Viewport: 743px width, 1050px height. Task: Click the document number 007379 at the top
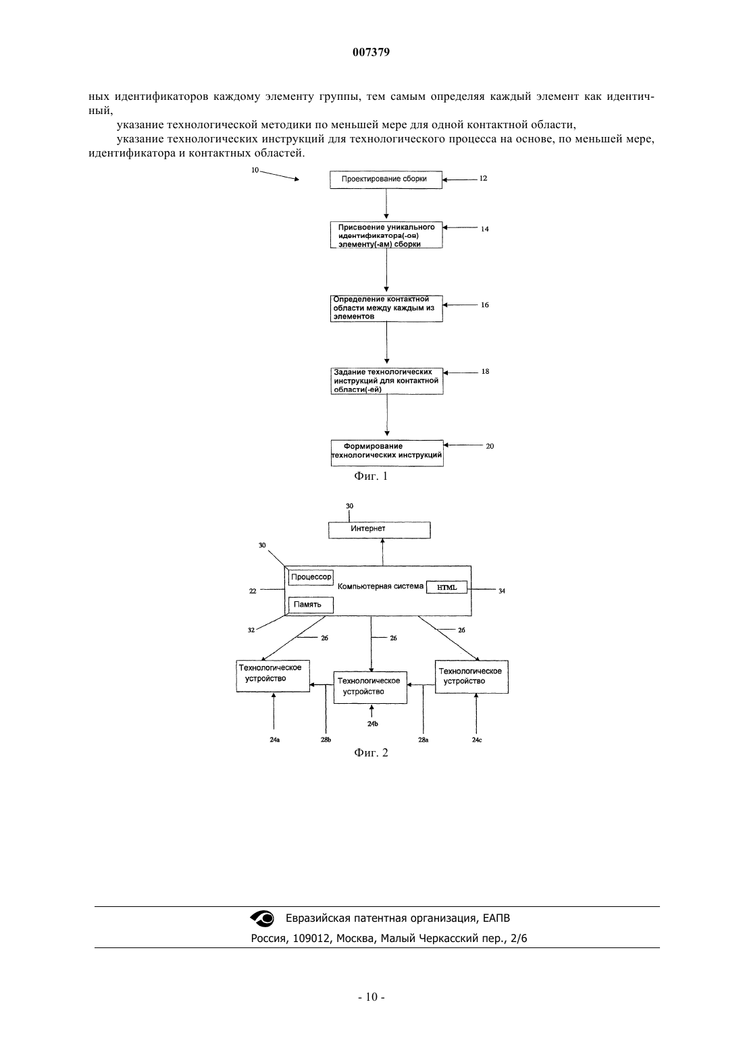coord(371,52)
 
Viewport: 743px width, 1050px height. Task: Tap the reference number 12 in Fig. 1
coord(483,178)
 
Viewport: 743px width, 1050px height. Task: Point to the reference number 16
coord(484,305)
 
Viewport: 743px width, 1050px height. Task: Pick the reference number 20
coord(490,446)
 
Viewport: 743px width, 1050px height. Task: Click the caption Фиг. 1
coord(371,476)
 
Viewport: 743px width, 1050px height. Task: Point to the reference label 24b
coord(372,724)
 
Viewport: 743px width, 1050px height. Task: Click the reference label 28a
coord(423,740)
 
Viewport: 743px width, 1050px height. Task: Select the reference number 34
coord(501,591)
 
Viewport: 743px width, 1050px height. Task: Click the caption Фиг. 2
coord(371,753)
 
